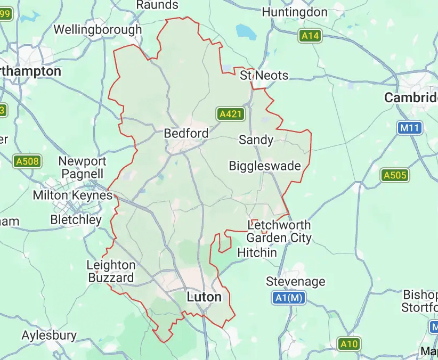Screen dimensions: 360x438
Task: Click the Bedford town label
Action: pyautogui.click(x=186, y=133)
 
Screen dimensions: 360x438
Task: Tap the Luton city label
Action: pyautogui.click(x=204, y=297)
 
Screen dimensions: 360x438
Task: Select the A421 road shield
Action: pyautogui.click(x=231, y=113)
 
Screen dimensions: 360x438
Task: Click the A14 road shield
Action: pyautogui.click(x=310, y=36)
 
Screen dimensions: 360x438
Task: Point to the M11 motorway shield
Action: pyautogui.click(x=410, y=128)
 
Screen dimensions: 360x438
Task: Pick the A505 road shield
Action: pyautogui.click(x=395, y=175)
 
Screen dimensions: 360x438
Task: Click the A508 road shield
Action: pyautogui.click(x=28, y=161)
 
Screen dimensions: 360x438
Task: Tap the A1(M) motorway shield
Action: pyautogui.click(x=289, y=298)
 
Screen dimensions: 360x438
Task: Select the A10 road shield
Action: pyautogui.click(x=349, y=344)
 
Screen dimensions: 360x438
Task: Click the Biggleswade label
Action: pyautogui.click(x=265, y=166)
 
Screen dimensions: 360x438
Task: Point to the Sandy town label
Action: pyautogui.click(x=256, y=140)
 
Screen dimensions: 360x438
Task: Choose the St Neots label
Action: pyautogui.click(x=264, y=75)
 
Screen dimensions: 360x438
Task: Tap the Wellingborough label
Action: pyautogui.click(x=98, y=29)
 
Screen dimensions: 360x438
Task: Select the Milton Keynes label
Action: pyautogui.click(x=72, y=195)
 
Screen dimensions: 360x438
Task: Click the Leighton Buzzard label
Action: pyautogui.click(x=111, y=271)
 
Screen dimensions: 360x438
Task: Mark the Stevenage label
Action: pyautogui.click(x=295, y=281)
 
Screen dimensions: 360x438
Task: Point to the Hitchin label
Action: pyautogui.click(x=257, y=252)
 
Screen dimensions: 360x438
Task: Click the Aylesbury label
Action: pyautogui.click(x=49, y=336)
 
